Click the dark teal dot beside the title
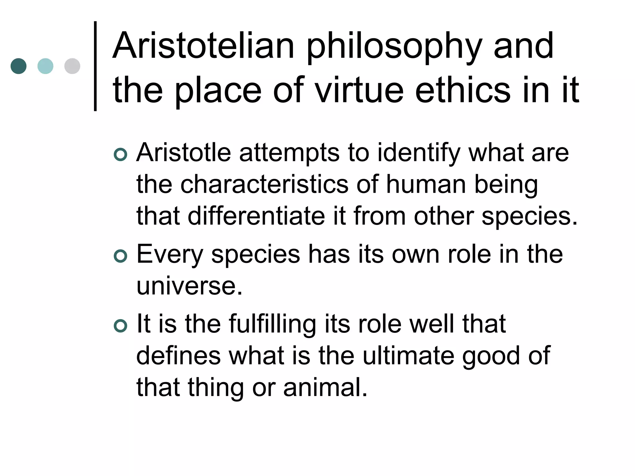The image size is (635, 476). click(x=19, y=66)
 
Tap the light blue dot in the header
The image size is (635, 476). click(x=45, y=66)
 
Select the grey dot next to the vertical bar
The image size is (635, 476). click(x=72, y=66)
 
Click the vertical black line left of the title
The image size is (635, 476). click(x=95, y=66)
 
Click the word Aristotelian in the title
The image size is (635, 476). click(x=203, y=46)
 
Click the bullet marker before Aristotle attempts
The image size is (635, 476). click(x=120, y=154)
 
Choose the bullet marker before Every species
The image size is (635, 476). click(x=120, y=256)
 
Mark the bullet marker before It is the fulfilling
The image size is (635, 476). click(x=120, y=326)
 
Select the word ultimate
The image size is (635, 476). click(x=408, y=356)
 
